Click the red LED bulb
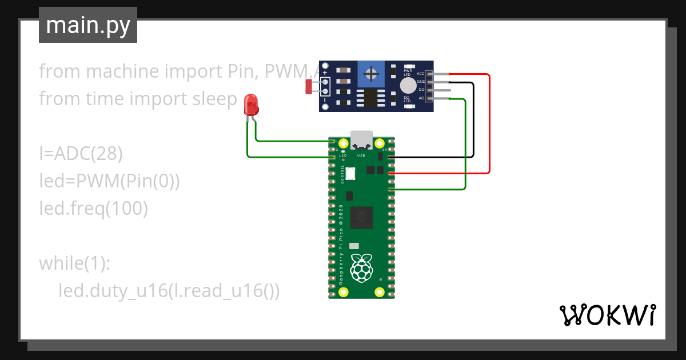[251, 105]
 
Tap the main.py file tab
[88, 25]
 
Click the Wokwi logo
[607, 315]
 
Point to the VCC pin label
[420, 74]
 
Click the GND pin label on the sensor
[420, 82]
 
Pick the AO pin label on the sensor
[421, 98]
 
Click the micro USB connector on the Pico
[361, 139]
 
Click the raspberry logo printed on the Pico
[361, 269]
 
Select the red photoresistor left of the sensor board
[309, 87]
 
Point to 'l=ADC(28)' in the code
[81, 154]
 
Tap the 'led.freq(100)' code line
[94, 209]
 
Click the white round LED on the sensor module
[408, 86]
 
